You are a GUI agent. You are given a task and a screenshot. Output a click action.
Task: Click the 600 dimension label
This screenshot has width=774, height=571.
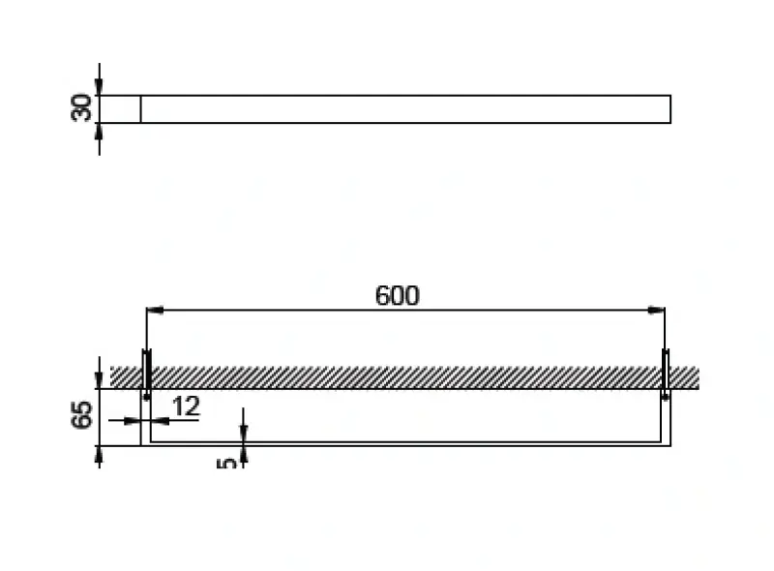pos(397,295)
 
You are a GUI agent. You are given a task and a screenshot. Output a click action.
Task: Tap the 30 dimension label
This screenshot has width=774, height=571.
pos(83,107)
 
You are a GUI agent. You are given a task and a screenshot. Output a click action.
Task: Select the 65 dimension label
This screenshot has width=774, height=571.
pos(83,415)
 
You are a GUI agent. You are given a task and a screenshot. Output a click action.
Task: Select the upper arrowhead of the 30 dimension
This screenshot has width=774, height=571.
pos(100,88)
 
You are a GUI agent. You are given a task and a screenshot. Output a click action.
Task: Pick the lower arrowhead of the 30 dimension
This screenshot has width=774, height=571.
pos(100,131)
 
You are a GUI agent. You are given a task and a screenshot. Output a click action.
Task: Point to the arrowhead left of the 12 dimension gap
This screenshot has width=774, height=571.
pos(134,420)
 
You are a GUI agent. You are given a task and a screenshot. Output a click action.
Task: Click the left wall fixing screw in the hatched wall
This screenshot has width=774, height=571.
pos(146,375)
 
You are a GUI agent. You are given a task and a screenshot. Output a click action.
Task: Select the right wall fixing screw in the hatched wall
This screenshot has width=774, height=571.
pos(666,375)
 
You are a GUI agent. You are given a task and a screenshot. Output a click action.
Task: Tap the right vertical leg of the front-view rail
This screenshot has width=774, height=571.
pos(668,417)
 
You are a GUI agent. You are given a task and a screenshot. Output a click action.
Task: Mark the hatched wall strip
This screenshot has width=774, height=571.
pos(406,376)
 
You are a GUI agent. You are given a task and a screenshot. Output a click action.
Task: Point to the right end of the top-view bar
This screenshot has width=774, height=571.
pos(670,109)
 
